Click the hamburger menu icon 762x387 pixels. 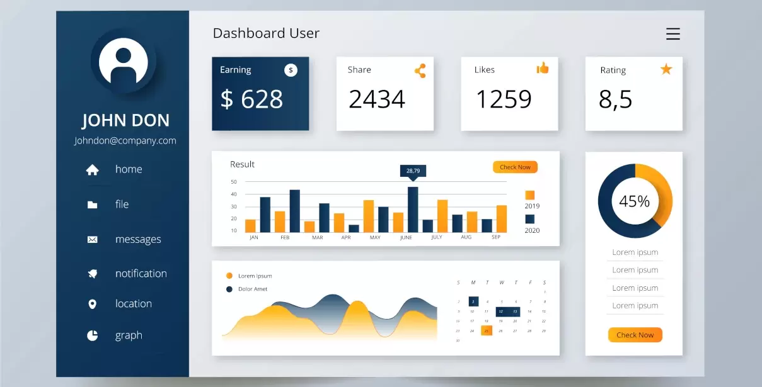pyautogui.click(x=673, y=34)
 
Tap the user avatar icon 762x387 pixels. pyautogui.click(x=124, y=62)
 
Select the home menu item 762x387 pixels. pyautogui.click(x=129, y=169)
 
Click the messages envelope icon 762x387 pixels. pyautogui.click(x=92, y=240)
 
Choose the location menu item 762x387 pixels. pyautogui.click(x=133, y=304)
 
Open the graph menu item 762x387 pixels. pyautogui.click(x=129, y=335)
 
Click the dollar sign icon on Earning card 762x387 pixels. pyautogui.click(x=291, y=70)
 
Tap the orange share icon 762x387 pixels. pyautogui.click(x=420, y=70)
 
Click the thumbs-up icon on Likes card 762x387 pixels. pyautogui.click(x=542, y=68)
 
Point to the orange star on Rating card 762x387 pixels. pyautogui.click(x=666, y=69)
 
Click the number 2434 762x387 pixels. pyautogui.click(x=377, y=99)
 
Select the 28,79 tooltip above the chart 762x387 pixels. pyautogui.click(x=413, y=171)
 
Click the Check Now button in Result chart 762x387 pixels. pyautogui.click(x=515, y=167)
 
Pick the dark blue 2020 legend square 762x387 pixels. pyautogui.click(x=530, y=219)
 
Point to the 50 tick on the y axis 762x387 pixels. pyautogui.click(x=234, y=182)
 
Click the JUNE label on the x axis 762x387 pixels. pyautogui.click(x=406, y=238)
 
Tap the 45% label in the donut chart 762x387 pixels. pyautogui.click(x=635, y=201)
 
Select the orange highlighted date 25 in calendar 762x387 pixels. pyautogui.click(x=487, y=330)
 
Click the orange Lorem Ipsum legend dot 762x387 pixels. pyautogui.click(x=229, y=276)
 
